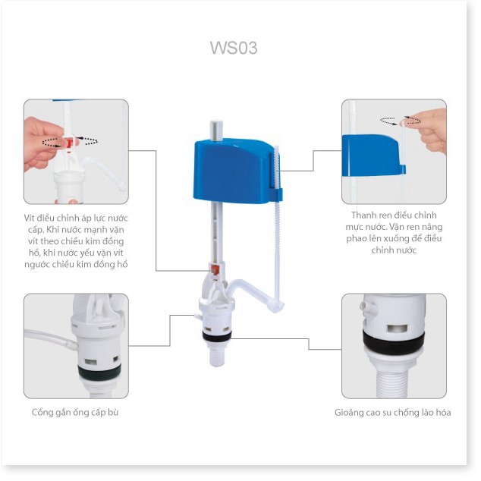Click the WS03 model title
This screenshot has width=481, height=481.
[x=234, y=48]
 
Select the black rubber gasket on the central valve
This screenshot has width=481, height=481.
[x=216, y=337]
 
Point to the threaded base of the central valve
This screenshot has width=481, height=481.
[x=216, y=355]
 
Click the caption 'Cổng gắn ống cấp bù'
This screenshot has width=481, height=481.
[x=75, y=412]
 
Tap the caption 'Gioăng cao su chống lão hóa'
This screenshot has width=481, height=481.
[x=393, y=413]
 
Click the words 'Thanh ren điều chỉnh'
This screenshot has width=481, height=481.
[x=394, y=215]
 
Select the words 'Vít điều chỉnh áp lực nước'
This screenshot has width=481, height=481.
[x=76, y=218]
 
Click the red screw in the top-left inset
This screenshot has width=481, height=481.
[x=69, y=143]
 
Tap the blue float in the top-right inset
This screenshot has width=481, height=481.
[x=373, y=156]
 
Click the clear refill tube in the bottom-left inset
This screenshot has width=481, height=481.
[x=51, y=339]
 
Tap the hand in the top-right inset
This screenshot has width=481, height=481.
[x=429, y=130]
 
